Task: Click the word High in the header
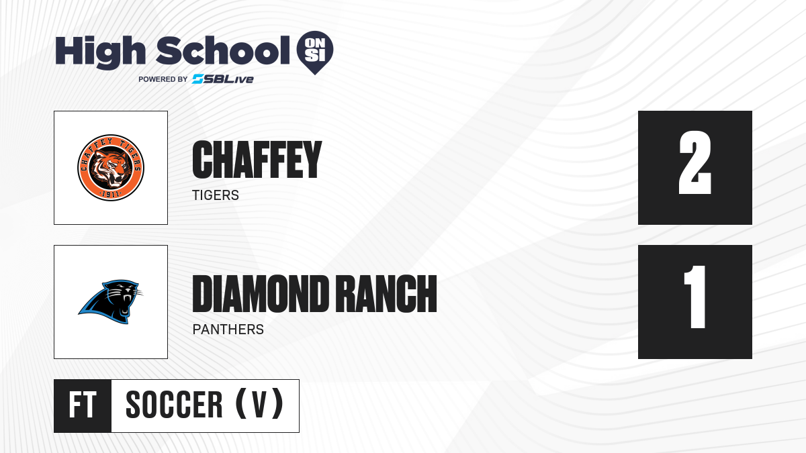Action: tap(100, 52)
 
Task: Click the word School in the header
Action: tap(223, 50)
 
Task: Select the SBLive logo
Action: tap(223, 79)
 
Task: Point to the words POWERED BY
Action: tap(163, 79)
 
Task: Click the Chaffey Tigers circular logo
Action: tap(111, 168)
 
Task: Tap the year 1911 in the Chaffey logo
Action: tap(110, 195)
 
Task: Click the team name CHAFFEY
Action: tap(257, 160)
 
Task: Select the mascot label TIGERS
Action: tap(216, 195)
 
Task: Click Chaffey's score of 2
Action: tap(695, 162)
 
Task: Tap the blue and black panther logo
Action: tap(111, 301)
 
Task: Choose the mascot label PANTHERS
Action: tap(228, 330)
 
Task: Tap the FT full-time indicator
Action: tap(83, 405)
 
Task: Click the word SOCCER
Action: tap(174, 405)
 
